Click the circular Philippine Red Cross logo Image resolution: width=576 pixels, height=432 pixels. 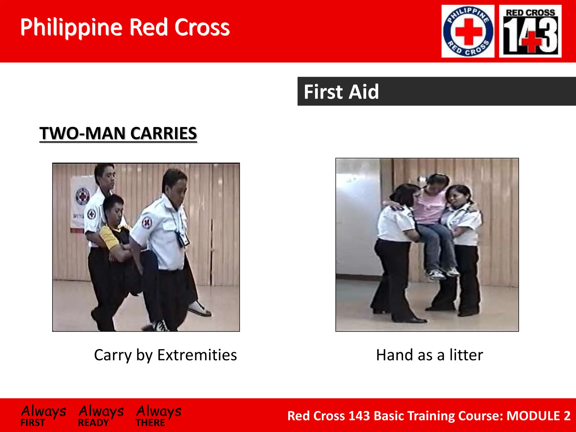[468, 31]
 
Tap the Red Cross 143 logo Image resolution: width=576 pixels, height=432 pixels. [530, 31]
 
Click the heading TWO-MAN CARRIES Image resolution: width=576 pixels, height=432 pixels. [118, 133]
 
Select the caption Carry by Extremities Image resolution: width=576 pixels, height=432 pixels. [165, 355]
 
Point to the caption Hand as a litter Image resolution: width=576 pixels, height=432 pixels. [429, 355]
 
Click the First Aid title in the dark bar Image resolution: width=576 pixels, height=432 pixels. [341, 92]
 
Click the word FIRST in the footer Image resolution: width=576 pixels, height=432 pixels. [33, 423]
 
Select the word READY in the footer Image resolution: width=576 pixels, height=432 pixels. [93, 423]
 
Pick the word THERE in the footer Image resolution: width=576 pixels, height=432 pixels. [150, 423]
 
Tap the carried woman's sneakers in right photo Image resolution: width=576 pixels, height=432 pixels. [443, 273]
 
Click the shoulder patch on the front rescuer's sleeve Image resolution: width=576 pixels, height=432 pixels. [147, 223]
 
